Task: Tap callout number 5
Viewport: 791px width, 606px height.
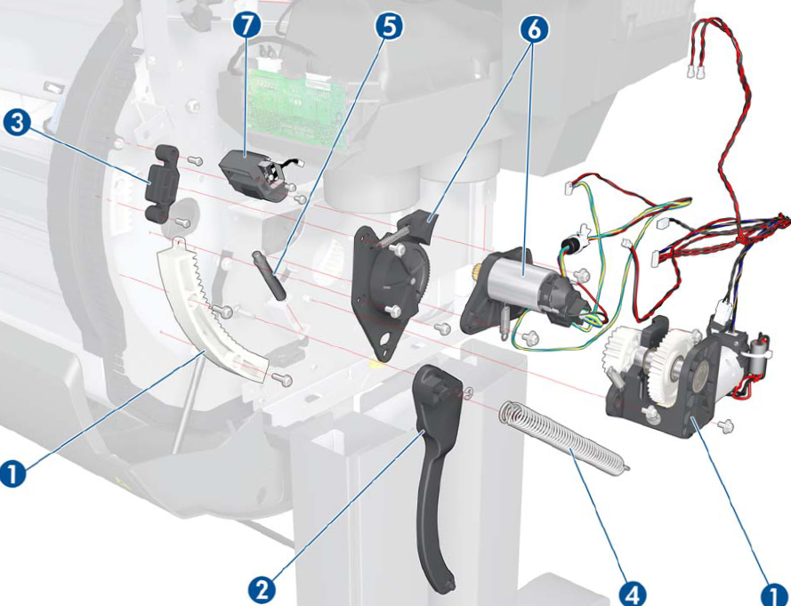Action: coord(384,26)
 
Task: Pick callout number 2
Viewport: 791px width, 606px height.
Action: coord(260,588)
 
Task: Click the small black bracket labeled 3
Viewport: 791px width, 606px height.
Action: coord(161,183)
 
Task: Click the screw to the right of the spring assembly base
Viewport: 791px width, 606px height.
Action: coord(724,425)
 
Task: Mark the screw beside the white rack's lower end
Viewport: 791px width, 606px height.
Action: coord(283,380)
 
